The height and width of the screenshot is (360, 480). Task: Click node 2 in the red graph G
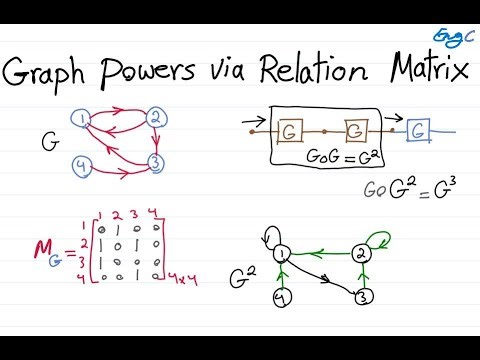click(x=155, y=119)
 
